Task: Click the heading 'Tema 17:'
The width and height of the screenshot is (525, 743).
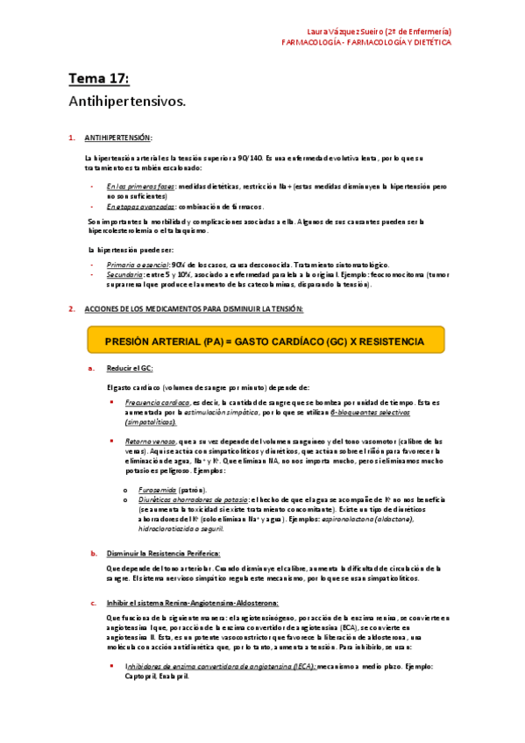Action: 99,80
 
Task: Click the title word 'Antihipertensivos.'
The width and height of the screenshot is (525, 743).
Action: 128,102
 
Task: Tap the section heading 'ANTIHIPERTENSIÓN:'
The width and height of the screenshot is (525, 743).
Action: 118,138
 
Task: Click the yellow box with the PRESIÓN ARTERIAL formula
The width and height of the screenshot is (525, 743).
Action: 265,340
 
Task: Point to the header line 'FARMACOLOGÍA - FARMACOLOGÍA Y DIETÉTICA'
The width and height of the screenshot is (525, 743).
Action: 366,41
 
